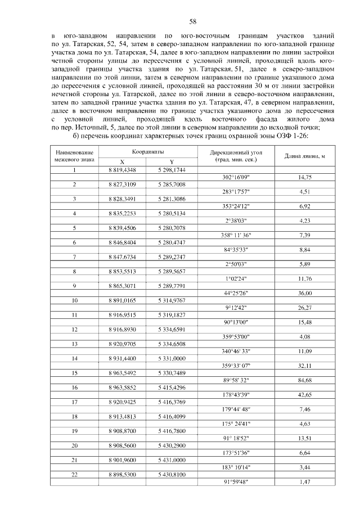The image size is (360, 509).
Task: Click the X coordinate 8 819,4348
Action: click(122, 169)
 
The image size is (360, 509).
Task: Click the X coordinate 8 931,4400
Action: click(122, 359)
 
